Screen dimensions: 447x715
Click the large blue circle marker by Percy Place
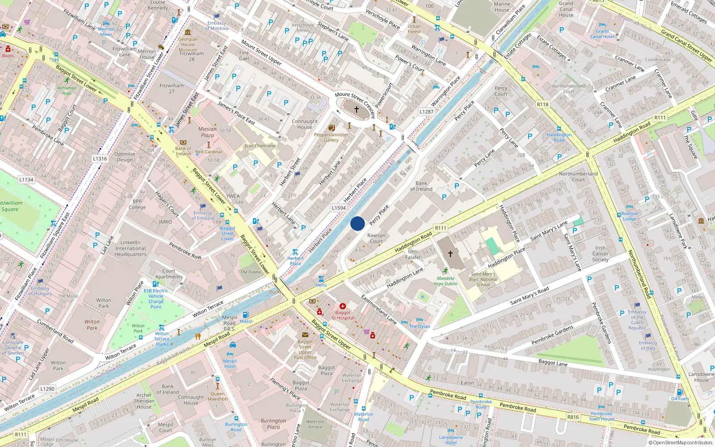coord(357,223)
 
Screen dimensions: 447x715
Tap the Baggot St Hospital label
coord(343,315)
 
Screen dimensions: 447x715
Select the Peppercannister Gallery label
coord(331,137)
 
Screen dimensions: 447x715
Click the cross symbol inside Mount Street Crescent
coord(357,109)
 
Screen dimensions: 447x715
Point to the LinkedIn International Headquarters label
coord(130,249)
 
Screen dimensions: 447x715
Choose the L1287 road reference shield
coord(426,112)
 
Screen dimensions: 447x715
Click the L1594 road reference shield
coord(339,208)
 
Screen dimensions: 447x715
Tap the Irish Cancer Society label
coord(600,254)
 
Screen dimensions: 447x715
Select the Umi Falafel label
coord(413,254)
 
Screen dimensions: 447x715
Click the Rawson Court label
coord(376,238)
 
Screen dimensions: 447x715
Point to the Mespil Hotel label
coord(230,363)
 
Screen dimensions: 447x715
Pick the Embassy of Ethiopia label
coord(203,215)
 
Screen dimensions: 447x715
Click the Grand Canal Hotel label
coord(602,34)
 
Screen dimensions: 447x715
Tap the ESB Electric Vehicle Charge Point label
coord(156,299)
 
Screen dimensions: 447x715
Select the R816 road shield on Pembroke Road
coord(573,417)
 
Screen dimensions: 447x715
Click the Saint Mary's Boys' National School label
coord(483,279)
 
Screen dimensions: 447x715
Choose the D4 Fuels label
coord(680,399)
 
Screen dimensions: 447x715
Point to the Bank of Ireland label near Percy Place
coord(421,186)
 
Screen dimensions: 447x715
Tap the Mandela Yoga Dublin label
coord(445,281)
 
